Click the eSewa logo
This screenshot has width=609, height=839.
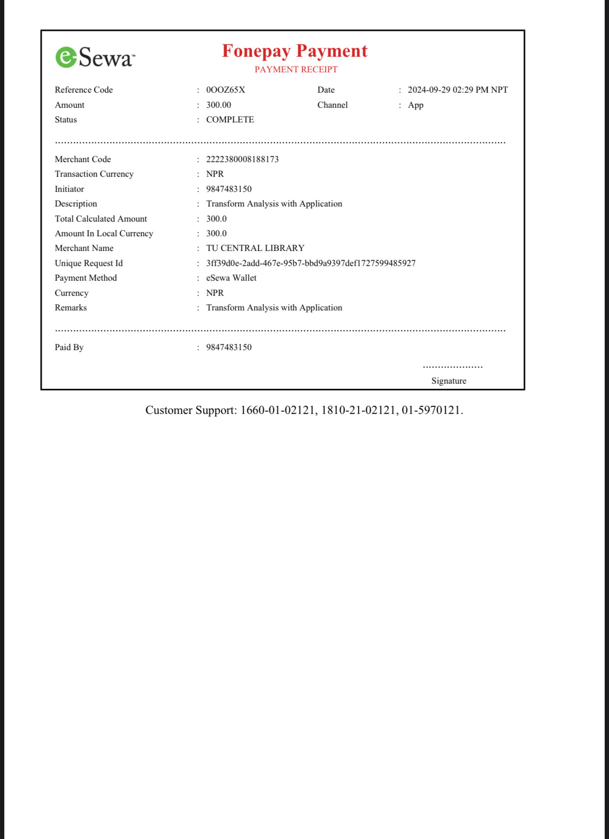coord(95,58)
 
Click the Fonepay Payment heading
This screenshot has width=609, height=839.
coord(295,51)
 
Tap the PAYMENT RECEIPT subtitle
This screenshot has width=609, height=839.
coord(296,69)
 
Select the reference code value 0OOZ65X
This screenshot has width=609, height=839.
coord(226,90)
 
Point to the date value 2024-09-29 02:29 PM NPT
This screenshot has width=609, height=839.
coord(457,90)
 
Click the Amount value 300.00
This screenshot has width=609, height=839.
coord(219,105)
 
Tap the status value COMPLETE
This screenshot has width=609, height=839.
coord(230,120)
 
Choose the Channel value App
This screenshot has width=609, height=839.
coord(415,105)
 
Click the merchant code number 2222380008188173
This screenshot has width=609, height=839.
coord(242,159)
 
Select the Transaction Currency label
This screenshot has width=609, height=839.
coord(94,174)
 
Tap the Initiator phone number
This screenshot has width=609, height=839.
coord(229,189)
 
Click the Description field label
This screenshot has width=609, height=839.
coord(76,204)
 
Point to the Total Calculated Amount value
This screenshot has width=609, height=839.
coord(216,219)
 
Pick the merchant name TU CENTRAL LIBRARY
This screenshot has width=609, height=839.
coord(255,248)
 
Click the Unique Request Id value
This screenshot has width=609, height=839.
coord(311,263)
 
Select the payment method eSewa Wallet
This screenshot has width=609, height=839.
coord(231,278)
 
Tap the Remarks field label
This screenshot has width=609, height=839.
coord(71,308)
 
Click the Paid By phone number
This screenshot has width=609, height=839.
coord(229,347)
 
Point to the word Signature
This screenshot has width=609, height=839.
coord(448,381)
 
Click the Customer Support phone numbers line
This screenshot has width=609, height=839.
coord(304,410)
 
